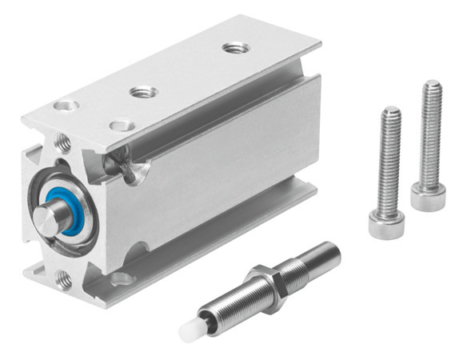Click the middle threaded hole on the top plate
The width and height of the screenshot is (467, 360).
[143, 93]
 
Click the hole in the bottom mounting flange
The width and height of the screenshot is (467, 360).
[122, 278]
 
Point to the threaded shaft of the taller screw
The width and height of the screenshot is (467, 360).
[430, 136]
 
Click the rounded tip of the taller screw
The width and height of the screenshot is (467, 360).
[433, 85]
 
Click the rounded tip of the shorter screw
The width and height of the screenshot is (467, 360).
[391, 111]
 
